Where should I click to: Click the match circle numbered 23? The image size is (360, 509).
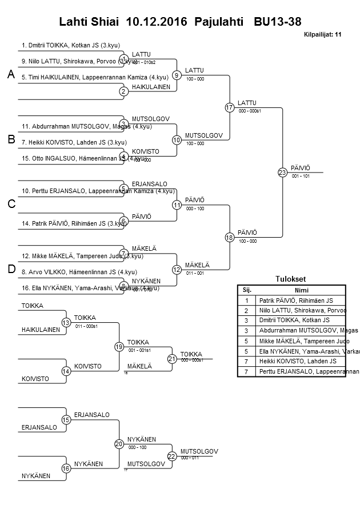[282, 172]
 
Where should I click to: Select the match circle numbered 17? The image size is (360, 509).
[230, 107]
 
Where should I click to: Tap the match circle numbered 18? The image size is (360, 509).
[230, 237]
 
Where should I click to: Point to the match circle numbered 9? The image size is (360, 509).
[177, 75]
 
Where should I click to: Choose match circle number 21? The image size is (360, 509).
[171, 359]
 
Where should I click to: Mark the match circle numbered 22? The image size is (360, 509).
[171, 456]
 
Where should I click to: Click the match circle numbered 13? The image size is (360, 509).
[66, 323]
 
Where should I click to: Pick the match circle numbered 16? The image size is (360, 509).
[66, 468]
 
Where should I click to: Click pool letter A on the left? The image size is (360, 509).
[11, 75]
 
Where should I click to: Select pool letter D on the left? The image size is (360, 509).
[11, 269]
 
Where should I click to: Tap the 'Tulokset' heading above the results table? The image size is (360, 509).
[290, 279]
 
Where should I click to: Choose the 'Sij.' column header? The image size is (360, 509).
[247, 290]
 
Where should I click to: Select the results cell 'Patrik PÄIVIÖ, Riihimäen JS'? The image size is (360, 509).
[296, 300]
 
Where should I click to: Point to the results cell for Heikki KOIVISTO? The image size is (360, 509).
[298, 362]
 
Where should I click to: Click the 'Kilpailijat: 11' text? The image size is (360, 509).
[323, 34]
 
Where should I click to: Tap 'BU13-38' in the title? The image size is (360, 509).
[278, 22]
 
